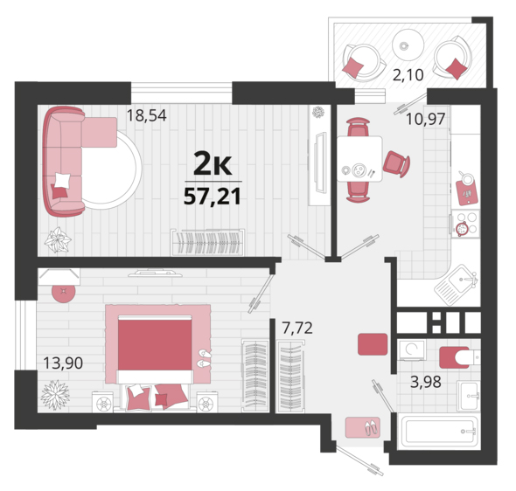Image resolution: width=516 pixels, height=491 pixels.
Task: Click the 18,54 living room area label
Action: point(146,115)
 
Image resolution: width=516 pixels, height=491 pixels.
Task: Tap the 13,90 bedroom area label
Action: point(63,363)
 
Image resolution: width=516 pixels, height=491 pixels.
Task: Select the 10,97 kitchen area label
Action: point(426,119)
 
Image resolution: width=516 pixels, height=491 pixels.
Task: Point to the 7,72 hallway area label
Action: point(297,328)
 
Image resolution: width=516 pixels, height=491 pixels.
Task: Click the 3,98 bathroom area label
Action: point(426,382)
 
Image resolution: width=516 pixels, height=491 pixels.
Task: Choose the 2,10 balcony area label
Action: point(408,75)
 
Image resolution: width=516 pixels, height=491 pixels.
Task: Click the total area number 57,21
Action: point(213,197)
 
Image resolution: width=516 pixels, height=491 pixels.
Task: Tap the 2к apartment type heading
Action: point(213,163)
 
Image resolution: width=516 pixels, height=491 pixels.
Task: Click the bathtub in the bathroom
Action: point(438,432)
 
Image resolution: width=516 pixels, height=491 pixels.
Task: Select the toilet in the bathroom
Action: point(460,357)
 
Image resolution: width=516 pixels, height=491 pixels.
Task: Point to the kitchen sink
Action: point(457,285)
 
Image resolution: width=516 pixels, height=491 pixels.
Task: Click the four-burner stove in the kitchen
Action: point(465,224)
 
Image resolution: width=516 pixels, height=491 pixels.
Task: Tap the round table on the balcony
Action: point(408,45)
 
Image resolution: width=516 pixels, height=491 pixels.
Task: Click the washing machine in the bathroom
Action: point(412,349)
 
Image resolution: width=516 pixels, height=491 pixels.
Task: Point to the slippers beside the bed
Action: point(205,358)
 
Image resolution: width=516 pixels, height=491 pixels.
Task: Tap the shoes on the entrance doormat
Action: point(372,428)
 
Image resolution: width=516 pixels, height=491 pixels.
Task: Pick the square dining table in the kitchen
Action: point(359,159)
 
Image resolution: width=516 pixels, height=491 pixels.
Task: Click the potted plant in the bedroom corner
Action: point(55,395)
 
